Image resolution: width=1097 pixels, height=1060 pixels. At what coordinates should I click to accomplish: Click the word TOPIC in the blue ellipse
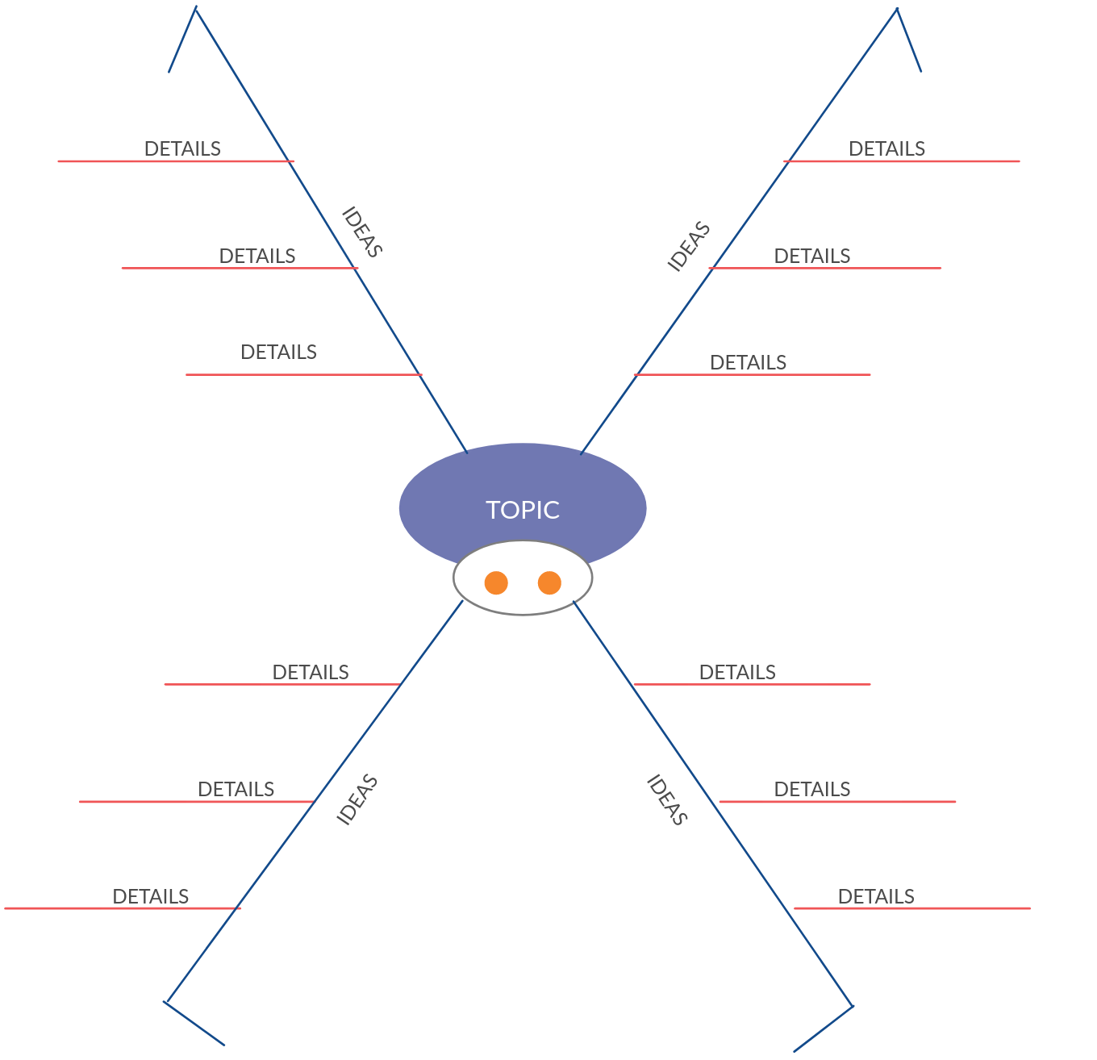tap(523, 510)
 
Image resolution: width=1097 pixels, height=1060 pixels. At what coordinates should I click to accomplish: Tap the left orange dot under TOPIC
tap(496, 582)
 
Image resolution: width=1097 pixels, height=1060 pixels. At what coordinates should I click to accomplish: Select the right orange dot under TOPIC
tap(549, 582)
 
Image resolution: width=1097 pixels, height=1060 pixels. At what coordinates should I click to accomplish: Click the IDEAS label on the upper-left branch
tap(361, 232)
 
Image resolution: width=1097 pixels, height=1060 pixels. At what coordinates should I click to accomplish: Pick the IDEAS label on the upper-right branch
tap(689, 246)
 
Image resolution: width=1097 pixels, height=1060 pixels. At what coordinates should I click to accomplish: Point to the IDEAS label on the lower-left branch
tap(357, 799)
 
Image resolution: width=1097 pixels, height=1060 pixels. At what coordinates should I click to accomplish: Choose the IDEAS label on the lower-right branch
tap(668, 800)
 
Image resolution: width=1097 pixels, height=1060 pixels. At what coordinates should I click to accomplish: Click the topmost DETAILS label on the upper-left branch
tap(182, 148)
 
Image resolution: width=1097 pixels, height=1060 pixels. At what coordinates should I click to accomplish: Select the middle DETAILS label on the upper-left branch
tap(257, 256)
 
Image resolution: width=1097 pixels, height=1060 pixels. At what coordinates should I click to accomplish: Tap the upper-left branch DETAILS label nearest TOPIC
tap(279, 352)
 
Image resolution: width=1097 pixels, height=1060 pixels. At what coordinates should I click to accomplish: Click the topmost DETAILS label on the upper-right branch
tap(887, 148)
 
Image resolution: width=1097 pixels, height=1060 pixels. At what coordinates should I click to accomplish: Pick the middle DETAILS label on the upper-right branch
tap(812, 256)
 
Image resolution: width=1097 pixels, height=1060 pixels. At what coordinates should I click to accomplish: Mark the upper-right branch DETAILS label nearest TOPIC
tap(749, 362)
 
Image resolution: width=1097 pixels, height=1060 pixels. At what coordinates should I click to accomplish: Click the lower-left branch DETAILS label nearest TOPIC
tap(311, 672)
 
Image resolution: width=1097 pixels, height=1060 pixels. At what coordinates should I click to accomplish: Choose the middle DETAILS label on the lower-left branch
tap(236, 789)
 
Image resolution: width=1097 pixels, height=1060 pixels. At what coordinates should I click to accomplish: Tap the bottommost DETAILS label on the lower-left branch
tap(151, 896)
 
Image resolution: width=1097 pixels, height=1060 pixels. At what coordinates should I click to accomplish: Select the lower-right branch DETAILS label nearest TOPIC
tap(737, 672)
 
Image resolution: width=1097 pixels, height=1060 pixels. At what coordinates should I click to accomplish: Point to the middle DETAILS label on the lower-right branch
tap(812, 789)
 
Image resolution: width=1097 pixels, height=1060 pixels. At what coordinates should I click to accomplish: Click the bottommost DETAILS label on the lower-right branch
tap(876, 896)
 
